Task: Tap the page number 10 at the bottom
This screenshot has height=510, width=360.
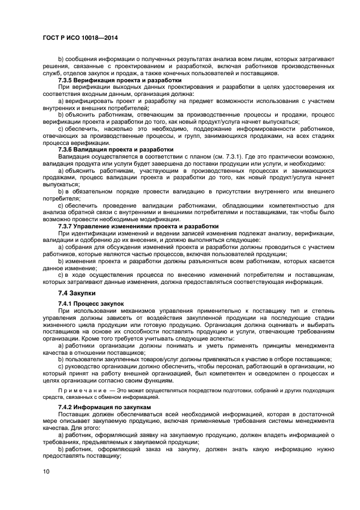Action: (x=46, y=472)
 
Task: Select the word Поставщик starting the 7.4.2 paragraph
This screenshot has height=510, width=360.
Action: (x=74, y=415)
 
